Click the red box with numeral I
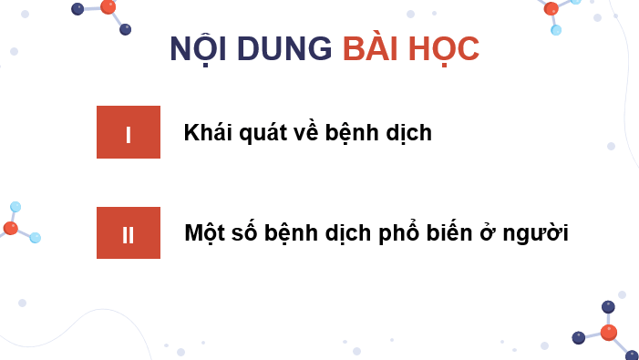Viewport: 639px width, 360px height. (x=129, y=132)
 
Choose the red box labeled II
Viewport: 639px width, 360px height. (x=129, y=232)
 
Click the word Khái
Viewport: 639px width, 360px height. (x=209, y=133)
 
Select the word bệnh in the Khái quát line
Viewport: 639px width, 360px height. (x=358, y=133)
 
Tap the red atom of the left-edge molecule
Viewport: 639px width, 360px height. (x=10, y=228)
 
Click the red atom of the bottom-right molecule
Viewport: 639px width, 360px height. (x=608, y=333)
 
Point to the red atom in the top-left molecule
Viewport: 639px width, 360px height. (x=108, y=6)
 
